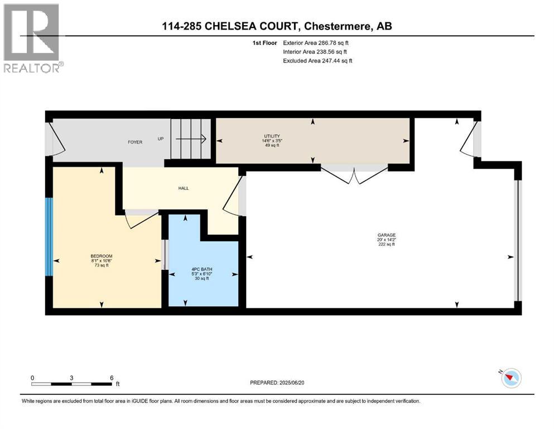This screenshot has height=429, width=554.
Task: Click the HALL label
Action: point(183,188)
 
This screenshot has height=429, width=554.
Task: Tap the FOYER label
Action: point(134,142)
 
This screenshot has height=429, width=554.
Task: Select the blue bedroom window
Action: point(49,237)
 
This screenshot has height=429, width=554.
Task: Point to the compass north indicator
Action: point(510,378)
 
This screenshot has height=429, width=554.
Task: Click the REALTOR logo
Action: point(32,38)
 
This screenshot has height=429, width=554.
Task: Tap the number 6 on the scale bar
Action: point(112,378)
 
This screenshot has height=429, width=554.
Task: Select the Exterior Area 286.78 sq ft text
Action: point(318,42)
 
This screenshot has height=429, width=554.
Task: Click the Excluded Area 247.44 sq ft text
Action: point(318,60)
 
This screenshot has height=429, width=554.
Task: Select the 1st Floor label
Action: point(264,42)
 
